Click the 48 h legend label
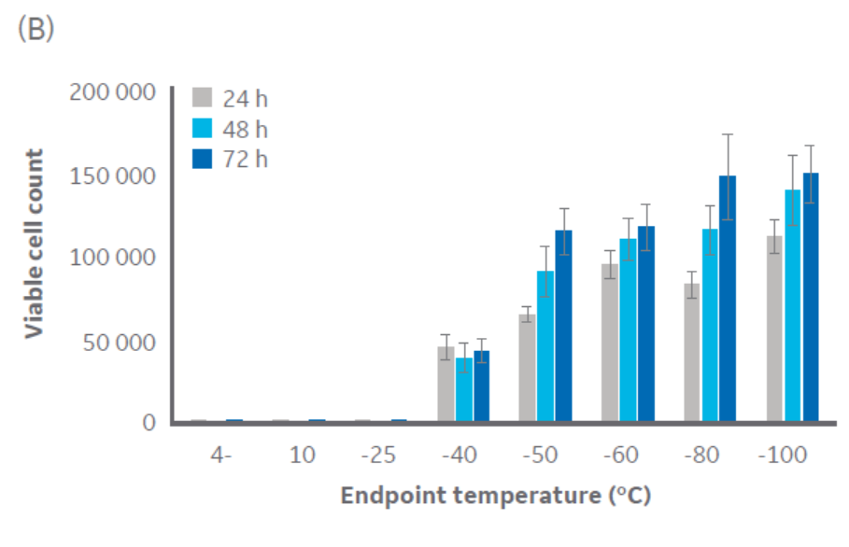tap(246, 129)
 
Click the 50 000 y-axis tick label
tap(118, 341)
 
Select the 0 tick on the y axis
tap(148, 423)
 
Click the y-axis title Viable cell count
tap(35, 244)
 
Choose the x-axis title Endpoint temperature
tap(495, 496)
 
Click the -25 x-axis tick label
tap(379, 456)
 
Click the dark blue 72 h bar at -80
tap(728, 299)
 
